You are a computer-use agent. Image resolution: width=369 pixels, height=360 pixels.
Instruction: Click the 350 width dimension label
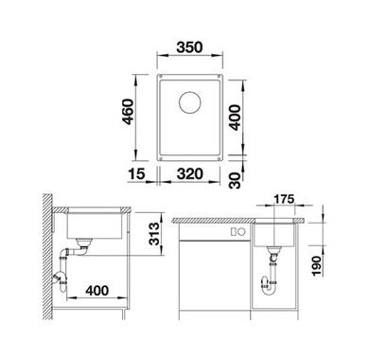pos(189,47)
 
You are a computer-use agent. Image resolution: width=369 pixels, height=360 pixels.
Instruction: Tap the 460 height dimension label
pos(129,112)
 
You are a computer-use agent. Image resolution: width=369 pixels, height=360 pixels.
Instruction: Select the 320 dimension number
pos(190,174)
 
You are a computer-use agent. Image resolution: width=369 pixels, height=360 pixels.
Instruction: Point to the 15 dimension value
pos(136,174)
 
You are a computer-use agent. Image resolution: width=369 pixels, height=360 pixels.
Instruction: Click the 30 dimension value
pos(235,180)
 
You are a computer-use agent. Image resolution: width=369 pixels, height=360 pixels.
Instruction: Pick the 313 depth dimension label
pos(154,234)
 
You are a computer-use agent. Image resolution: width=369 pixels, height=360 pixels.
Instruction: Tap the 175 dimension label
pos(284,199)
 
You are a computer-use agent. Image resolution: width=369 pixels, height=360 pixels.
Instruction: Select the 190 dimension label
pos(316,266)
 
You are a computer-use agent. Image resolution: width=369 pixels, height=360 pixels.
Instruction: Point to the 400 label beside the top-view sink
pos(235,117)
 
